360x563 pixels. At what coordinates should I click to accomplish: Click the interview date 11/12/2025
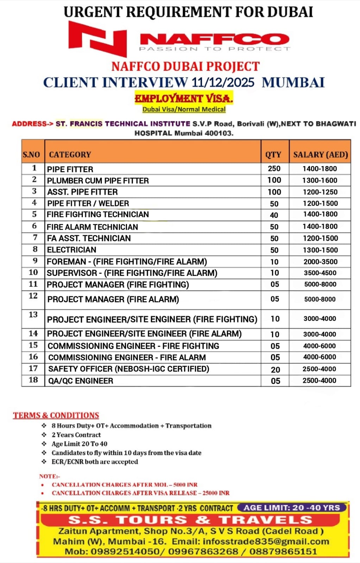click(x=223, y=82)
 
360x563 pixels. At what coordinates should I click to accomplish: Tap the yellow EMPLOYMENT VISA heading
click(x=184, y=99)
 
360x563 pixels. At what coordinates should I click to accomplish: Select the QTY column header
click(x=273, y=154)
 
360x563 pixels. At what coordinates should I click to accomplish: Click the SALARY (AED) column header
click(x=320, y=154)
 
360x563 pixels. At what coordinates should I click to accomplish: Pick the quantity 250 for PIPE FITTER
click(x=274, y=169)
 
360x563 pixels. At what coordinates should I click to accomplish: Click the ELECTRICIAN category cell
click(x=71, y=250)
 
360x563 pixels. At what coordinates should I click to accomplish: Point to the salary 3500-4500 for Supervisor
click(x=320, y=273)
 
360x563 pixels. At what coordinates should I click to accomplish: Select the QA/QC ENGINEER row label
click(x=80, y=381)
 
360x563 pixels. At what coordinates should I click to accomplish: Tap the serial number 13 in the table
click(x=33, y=315)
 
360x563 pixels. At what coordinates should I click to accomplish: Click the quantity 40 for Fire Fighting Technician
click(x=274, y=215)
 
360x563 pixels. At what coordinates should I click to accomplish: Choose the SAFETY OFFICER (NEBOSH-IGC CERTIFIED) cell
click(x=128, y=369)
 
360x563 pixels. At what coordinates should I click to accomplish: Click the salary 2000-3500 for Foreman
click(x=320, y=262)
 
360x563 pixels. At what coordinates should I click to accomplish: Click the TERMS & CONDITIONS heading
click(x=56, y=415)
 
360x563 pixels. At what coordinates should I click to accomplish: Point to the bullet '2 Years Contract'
click(x=76, y=435)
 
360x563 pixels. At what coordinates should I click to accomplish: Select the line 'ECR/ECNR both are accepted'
click(x=95, y=462)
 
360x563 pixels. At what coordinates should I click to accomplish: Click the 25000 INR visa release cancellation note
click(x=140, y=493)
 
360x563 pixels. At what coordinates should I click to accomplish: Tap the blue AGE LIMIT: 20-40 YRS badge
click(x=292, y=508)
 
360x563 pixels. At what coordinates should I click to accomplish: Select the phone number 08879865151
click(x=283, y=551)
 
